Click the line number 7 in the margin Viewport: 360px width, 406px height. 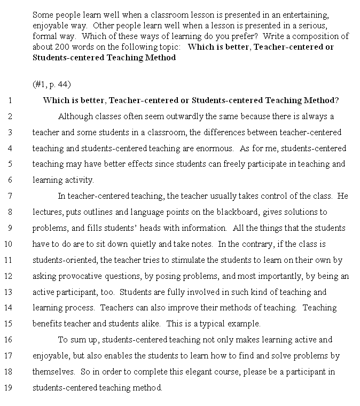[x=10, y=196]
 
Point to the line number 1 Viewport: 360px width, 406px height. [x=10, y=100]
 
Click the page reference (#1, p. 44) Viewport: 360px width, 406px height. [x=51, y=84]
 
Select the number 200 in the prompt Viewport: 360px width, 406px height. [x=62, y=46]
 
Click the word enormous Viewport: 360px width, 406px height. [x=214, y=148]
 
